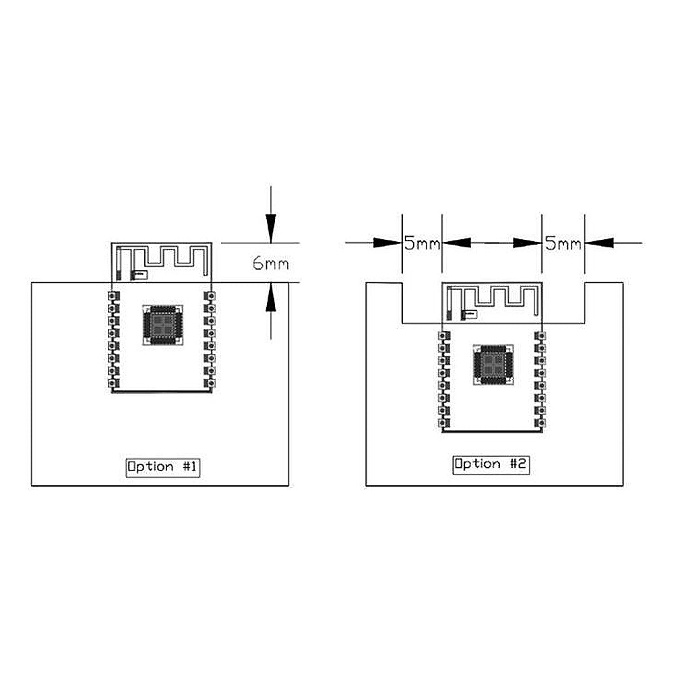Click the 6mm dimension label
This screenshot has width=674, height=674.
[x=271, y=263]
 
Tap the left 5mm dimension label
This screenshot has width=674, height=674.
[x=422, y=244]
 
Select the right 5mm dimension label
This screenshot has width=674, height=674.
[x=563, y=244]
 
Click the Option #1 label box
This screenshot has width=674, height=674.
[x=163, y=467]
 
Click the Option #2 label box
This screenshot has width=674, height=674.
[x=491, y=464]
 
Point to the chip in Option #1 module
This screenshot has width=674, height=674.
[x=162, y=325]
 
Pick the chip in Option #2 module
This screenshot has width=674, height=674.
[x=493, y=365]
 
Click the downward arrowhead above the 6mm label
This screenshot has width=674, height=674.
[x=270, y=228]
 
